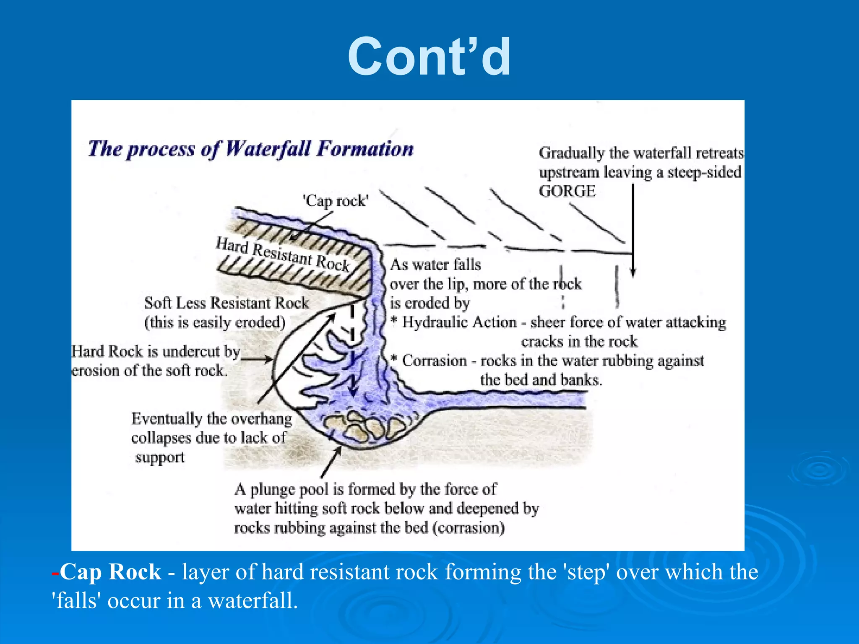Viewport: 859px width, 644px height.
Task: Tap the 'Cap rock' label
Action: point(336,201)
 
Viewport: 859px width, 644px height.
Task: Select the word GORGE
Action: point(567,192)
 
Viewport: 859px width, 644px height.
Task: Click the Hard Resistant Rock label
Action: point(283,254)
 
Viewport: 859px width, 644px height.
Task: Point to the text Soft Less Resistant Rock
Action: point(226,303)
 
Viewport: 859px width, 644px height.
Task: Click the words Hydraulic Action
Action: point(459,322)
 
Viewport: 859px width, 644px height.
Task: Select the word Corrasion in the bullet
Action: point(434,361)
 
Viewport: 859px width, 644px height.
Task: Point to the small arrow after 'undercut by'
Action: point(264,359)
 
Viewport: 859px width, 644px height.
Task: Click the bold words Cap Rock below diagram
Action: point(110,571)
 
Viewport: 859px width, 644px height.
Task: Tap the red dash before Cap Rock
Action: point(55,572)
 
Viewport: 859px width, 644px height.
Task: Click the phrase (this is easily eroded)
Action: point(215,322)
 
